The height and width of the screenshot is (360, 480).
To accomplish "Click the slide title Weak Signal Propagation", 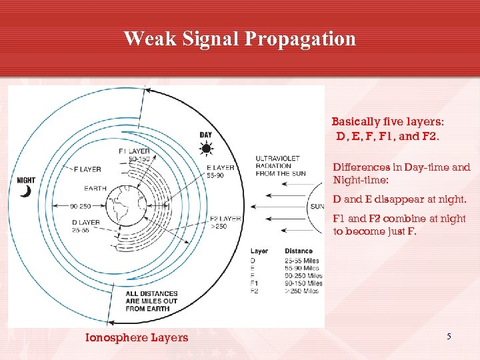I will (239, 39).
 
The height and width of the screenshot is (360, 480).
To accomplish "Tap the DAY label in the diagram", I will (206, 135).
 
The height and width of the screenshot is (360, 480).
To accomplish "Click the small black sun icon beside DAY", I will (207, 148).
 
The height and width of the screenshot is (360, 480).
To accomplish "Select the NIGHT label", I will (26, 180).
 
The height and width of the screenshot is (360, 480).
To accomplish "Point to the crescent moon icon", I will (25, 191).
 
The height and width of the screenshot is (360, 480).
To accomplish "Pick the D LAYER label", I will (86, 222).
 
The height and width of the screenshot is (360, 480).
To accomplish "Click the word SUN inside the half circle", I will (317, 207).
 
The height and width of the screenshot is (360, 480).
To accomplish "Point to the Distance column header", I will (299, 251).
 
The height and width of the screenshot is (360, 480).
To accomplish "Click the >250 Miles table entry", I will (303, 291).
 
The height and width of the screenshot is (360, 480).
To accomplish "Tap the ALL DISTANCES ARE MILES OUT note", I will (151, 301).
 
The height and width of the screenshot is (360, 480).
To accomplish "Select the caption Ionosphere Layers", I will (137, 338).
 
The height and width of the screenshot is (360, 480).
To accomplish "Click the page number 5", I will (449, 337).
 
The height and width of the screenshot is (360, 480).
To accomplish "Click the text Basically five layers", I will (388, 122).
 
